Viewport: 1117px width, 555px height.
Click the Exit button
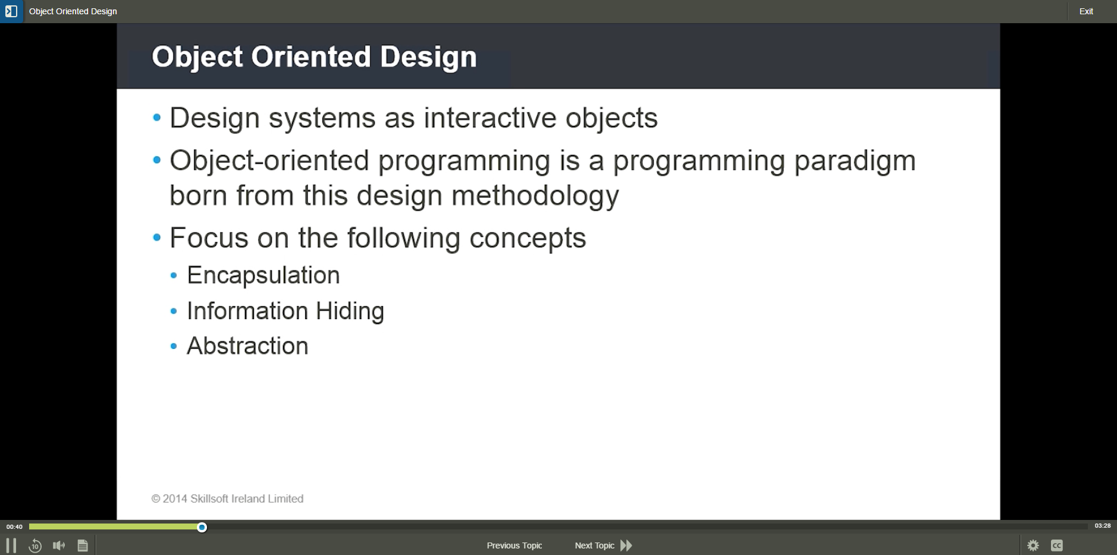pyautogui.click(x=1086, y=11)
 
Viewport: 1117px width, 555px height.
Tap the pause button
pyautogui.click(x=11, y=545)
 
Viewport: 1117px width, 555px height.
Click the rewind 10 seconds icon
pyautogui.click(x=35, y=545)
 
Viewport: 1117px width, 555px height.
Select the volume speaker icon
pyautogui.click(x=59, y=545)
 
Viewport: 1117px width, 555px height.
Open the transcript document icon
pyautogui.click(x=83, y=545)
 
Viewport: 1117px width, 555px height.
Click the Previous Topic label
pyautogui.click(x=514, y=545)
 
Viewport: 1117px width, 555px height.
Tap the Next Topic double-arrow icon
pyautogui.click(x=626, y=545)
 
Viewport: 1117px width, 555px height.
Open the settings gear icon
pyautogui.click(x=1033, y=545)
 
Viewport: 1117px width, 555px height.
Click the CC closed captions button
pyautogui.click(x=1057, y=545)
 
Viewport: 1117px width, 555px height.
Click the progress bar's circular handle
pyautogui.click(x=202, y=527)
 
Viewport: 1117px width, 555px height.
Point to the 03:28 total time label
pyautogui.click(x=1103, y=526)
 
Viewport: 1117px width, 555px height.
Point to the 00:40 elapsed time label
pyautogui.click(x=14, y=526)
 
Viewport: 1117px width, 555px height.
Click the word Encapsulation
pyautogui.click(x=263, y=276)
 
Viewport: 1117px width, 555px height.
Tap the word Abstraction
pyautogui.click(x=247, y=346)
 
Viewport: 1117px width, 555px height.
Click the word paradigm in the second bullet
pyautogui.click(x=855, y=162)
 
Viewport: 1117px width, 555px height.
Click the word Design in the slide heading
pyautogui.click(x=428, y=57)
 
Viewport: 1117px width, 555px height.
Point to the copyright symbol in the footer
pyautogui.click(x=156, y=499)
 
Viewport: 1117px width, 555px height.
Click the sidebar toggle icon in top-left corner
pyautogui.click(x=11, y=11)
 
